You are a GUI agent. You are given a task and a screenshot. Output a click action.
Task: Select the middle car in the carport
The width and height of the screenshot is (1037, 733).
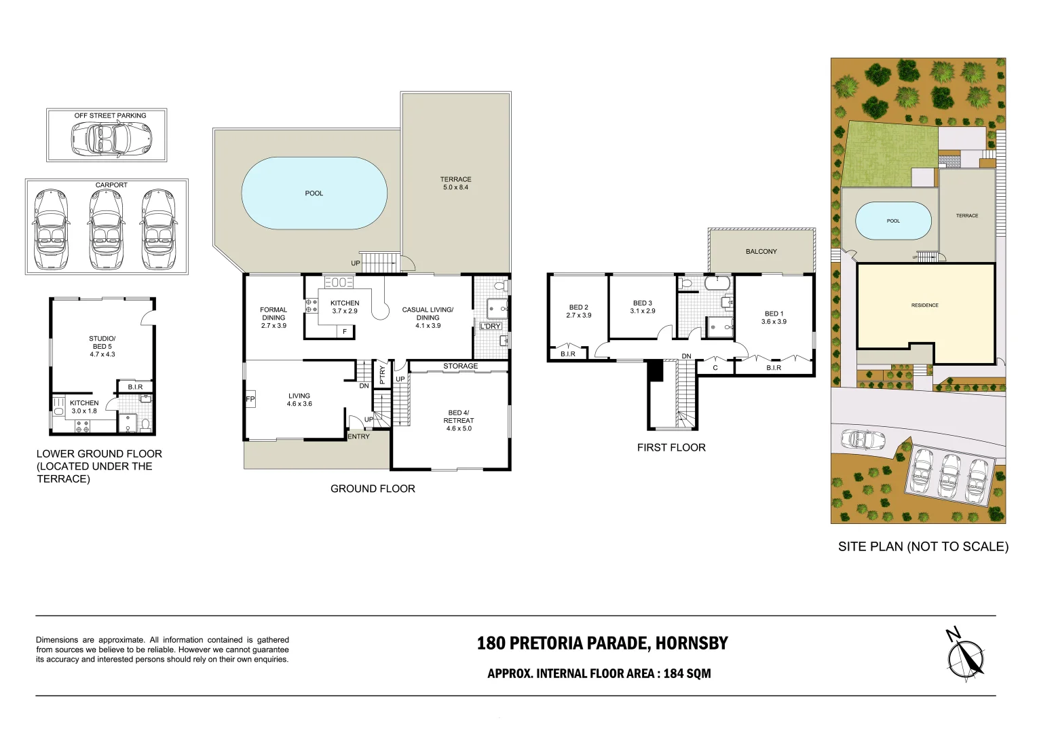tap(107, 229)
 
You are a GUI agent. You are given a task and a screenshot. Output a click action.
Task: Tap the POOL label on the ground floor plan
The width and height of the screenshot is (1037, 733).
tap(314, 193)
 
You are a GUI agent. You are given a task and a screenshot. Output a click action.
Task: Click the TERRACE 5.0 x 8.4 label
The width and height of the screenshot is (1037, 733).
tap(455, 183)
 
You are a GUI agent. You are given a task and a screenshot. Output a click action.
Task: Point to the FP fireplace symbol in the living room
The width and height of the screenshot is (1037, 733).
tap(250, 399)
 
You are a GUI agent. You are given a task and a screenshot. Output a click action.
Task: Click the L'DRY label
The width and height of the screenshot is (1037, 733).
tap(490, 326)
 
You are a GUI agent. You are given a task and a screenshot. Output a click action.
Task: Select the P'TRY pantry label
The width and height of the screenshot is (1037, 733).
tap(382, 375)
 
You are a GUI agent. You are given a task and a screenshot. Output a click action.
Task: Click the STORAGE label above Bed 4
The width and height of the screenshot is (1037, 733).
tap(460, 366)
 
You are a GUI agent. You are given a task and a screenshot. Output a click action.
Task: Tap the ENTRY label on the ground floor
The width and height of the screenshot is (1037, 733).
tap(358, 436)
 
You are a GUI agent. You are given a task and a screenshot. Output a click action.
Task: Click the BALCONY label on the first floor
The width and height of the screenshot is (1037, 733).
tap(761, 252)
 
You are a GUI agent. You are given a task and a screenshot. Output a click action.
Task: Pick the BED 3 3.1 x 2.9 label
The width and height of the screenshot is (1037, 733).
tap(642, 307)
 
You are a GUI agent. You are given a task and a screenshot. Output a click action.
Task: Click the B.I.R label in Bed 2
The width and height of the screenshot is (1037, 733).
tap(568, 354)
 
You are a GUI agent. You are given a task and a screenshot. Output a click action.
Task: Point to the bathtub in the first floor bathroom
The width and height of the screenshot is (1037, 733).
tap(717, 283)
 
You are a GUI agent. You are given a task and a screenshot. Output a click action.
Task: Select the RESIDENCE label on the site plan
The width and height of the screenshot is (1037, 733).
tap(924, 305)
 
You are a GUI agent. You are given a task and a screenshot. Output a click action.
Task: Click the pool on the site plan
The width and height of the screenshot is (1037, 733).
tap(893, 221)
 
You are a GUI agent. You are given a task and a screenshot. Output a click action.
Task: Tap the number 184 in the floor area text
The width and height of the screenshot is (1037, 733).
tap(673, 674)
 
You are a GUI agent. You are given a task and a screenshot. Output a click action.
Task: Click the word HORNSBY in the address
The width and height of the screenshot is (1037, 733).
tap(692, 643)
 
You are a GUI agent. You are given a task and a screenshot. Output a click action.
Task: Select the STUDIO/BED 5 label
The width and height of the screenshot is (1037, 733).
tap(102, 346)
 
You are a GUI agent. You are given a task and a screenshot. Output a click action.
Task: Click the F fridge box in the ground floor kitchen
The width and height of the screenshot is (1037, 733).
tap(345, 332)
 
